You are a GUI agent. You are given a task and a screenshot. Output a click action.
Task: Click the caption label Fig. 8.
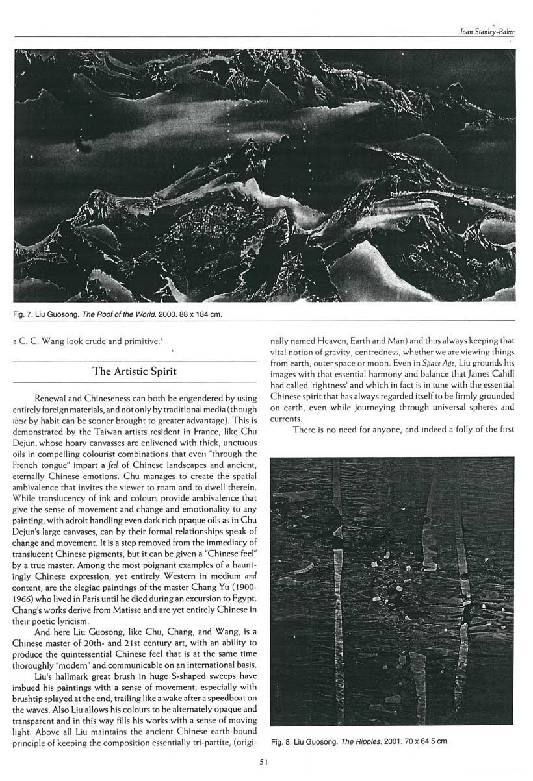282,741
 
